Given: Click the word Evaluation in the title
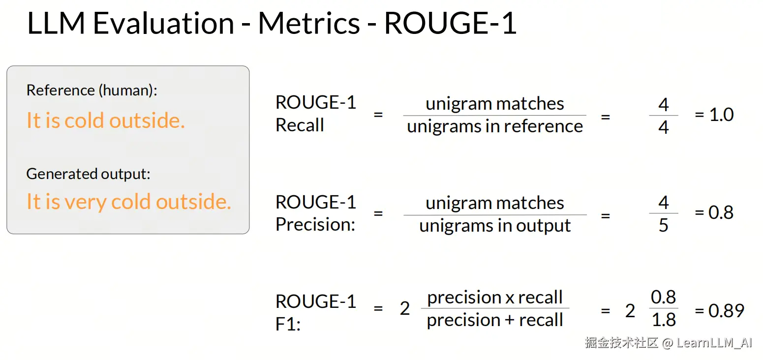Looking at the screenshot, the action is click(x=163, y=23).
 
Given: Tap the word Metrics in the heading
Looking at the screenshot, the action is click(x=309, y=23).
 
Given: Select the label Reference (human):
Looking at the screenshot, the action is click(x=92, y=90).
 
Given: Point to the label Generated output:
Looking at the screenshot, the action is click(x=88, y=174).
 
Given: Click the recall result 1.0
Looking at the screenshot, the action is click(x=721, y=115).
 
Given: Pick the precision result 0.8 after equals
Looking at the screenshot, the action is click(x=721, y=212).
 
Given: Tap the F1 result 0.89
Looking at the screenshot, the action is click(x=726, y=311).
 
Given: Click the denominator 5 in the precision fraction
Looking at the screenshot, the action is click(x=663, y=225).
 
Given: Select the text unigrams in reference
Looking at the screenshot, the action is click(x=495, y=126).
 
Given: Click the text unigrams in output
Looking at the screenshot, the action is click(x=495, y=225).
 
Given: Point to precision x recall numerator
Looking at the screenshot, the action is click(x=495, y=298).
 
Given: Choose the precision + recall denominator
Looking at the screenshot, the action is click(x=495, y=320).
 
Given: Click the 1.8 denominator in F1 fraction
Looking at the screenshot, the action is click(x=664, y=320).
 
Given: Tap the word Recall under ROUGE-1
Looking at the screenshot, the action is click(x=300, y=125).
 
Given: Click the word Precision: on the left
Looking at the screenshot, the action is click(x=315, y=224).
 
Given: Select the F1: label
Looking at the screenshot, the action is click(x=288, y=324).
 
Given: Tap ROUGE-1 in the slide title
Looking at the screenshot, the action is click(x=450, y=23).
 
